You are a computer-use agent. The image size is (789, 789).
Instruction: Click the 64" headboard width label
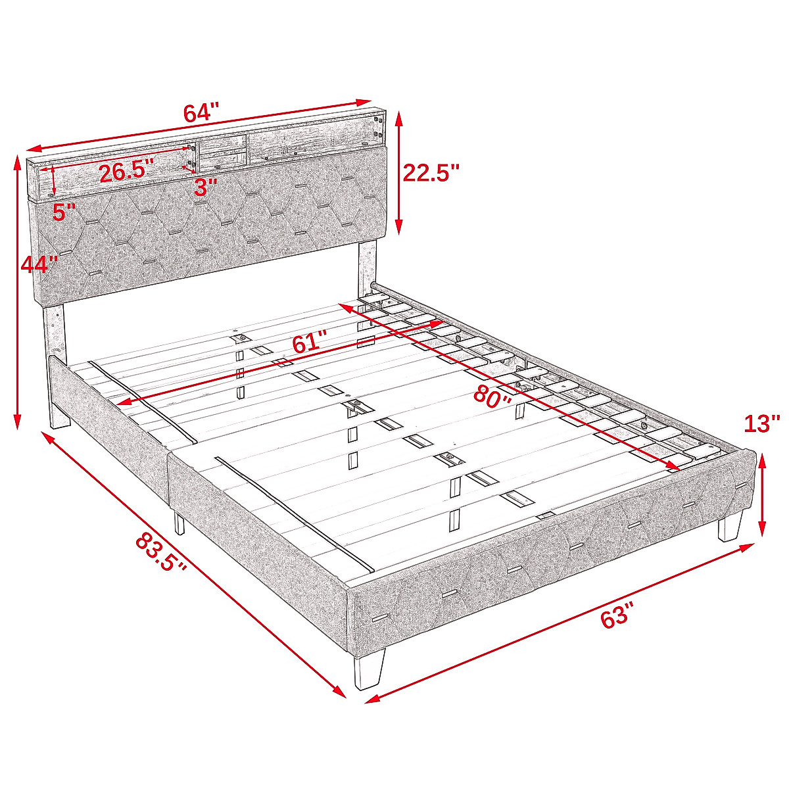click(201, 112)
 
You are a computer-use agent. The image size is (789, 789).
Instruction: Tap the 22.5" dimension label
click(431, 174)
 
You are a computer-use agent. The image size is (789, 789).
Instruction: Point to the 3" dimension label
click(206, 187)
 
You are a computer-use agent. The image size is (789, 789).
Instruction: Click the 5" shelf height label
click(64, 212)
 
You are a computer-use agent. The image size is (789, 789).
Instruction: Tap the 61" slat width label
click(309, 342)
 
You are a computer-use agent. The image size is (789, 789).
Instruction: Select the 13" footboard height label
click(762, 424)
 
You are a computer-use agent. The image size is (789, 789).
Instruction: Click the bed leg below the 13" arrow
click(730, 526)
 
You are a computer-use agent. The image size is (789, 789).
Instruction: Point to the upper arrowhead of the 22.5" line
click(398, 118)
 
